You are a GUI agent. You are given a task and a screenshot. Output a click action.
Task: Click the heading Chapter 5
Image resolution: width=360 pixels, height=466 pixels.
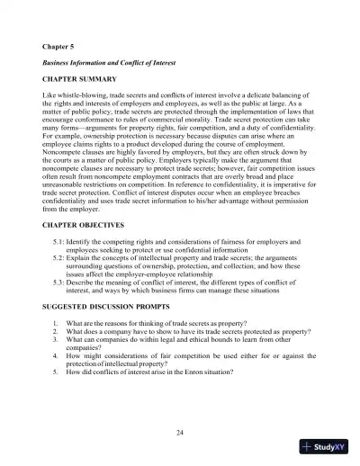tap(59, 44)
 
